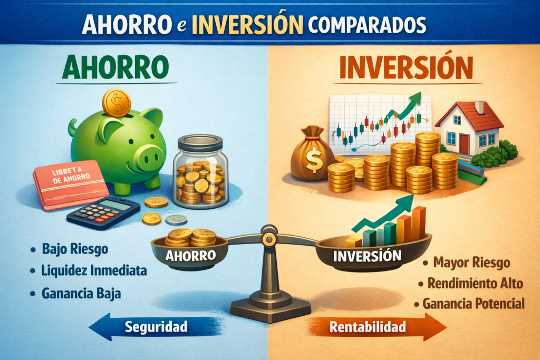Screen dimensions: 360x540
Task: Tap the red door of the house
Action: tap(465, 143)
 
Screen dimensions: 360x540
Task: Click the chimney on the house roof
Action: tap(479, 106)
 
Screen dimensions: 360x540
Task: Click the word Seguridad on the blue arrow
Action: tap(156, 327)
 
